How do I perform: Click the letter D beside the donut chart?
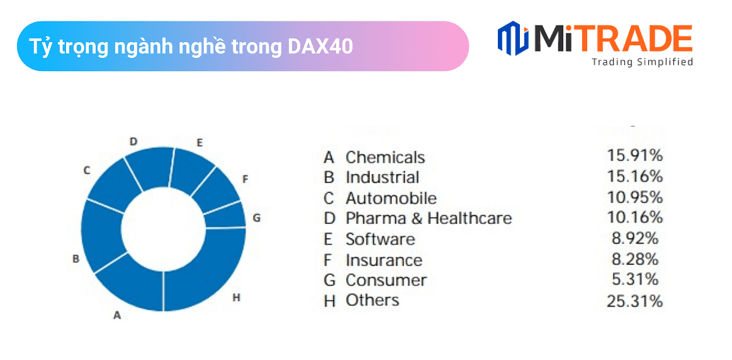(x=133, y=141)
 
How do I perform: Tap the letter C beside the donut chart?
(x=87, y=171)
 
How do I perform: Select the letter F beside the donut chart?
(x=245, y=179)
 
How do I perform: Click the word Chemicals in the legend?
(x=385, y=157)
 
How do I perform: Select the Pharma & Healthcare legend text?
(x=429, y=218)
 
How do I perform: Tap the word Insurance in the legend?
(x=384, y=260)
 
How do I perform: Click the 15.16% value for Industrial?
(x=635, y=176)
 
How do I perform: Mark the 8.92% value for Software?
(x=635, y=239)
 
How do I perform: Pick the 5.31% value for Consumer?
(x=635, y=279)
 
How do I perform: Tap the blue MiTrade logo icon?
(x=513, y=38)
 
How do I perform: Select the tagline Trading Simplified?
(x=643, y=62)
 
